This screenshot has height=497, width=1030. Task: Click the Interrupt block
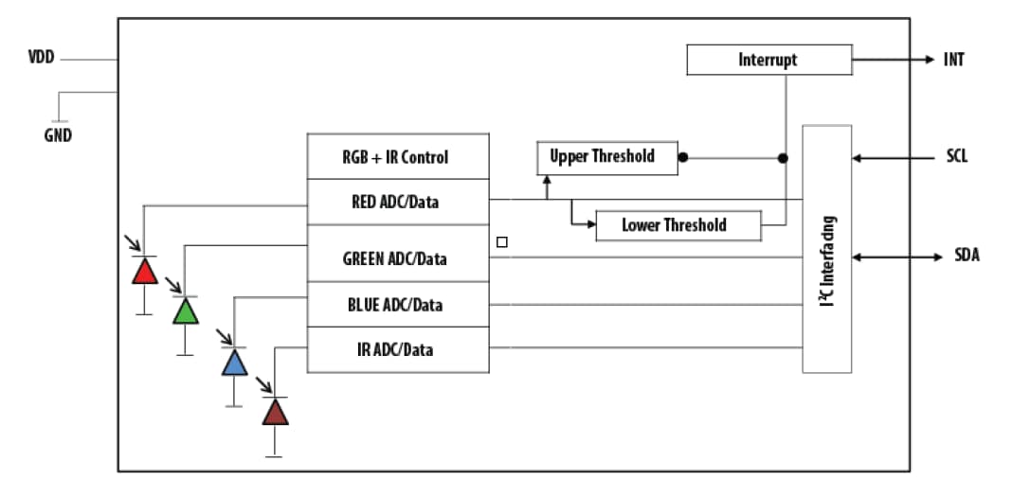[768, 60]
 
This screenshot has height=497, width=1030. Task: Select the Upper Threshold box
[607, 157]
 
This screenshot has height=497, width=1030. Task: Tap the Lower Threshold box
[678, 225]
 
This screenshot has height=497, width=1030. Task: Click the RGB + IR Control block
[398, 157]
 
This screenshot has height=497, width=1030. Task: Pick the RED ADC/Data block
[398, 202]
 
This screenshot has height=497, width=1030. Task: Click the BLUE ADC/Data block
[398, 305]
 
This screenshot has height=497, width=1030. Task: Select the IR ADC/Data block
[398, 349]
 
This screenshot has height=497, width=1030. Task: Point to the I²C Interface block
[826, 248]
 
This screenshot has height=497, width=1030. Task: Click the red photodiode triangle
[144, 272]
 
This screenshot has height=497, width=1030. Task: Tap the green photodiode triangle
[186, 311]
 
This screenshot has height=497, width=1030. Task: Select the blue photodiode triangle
[234, 363]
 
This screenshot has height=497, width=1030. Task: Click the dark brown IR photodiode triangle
[275, 412]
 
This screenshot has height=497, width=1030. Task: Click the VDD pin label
[41, 59]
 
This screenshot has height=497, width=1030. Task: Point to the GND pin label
[57, 134]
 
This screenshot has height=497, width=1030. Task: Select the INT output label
[953, 60]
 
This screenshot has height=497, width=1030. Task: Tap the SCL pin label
[956, 157]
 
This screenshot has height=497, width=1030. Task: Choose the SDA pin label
[967, 257]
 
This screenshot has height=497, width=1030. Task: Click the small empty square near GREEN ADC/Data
[502, 242]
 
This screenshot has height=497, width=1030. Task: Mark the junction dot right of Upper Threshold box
[682, 157]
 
